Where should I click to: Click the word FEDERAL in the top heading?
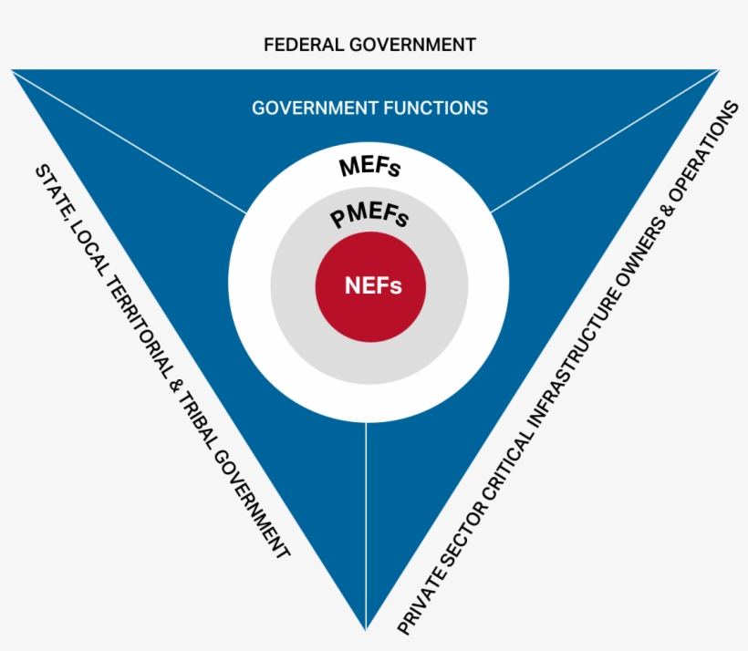304,45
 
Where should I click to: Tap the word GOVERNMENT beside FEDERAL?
412,45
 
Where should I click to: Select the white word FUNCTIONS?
435,108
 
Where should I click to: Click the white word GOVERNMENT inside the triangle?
316,108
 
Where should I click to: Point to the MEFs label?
369,167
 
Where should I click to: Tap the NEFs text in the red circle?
373,285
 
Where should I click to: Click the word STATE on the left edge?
54,190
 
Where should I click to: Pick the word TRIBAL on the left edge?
203,422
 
